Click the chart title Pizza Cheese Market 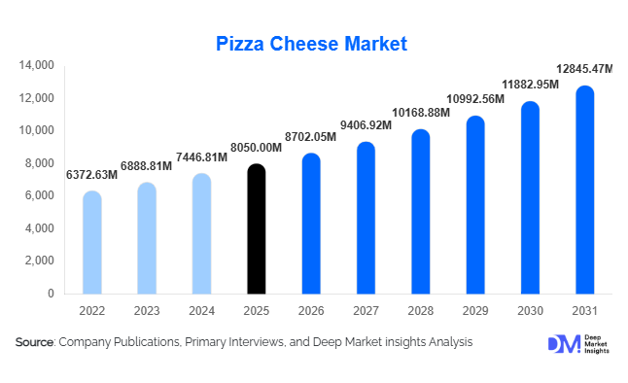coord(311,43)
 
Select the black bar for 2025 coord(257,228)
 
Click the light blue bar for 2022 coord(91,242)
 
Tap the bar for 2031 coord(584,190)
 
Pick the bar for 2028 coord(420,211)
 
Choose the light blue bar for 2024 coord(201,233)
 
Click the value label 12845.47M coord(585,69)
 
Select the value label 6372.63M coord(91,175)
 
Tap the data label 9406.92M coord(366,124)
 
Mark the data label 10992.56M coord(475,99)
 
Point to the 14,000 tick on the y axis coord(36,65)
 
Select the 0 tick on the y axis coord(51,294)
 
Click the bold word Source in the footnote coord(34,343)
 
